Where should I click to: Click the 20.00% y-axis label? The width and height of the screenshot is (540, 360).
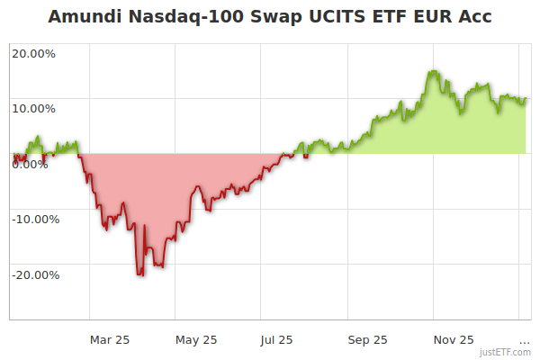(33, 53)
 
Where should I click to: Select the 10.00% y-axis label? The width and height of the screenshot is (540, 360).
(33, 109)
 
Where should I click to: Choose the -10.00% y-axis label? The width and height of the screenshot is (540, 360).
(35, 219)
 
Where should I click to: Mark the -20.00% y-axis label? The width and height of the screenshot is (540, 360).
(35, 274)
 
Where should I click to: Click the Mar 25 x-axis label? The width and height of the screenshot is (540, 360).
(110, 339)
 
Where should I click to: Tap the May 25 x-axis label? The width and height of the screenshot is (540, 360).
(196, 339)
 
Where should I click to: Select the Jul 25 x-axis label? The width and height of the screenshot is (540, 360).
(276, 339)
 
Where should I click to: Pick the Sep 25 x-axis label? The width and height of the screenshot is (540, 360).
(367, 339)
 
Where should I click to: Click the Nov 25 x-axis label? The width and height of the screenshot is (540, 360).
(454, 339)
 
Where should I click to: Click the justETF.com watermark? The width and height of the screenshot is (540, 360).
(506, 352)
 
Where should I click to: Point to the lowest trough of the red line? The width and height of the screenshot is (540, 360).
(139, 274)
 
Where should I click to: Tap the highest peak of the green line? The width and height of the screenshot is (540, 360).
(433, 71)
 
